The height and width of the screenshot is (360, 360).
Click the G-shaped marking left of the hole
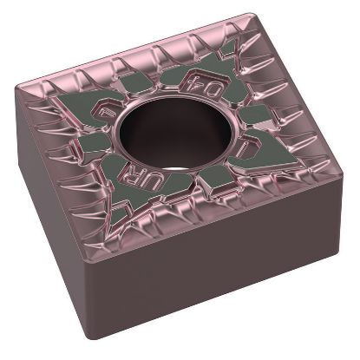(110, 109)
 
